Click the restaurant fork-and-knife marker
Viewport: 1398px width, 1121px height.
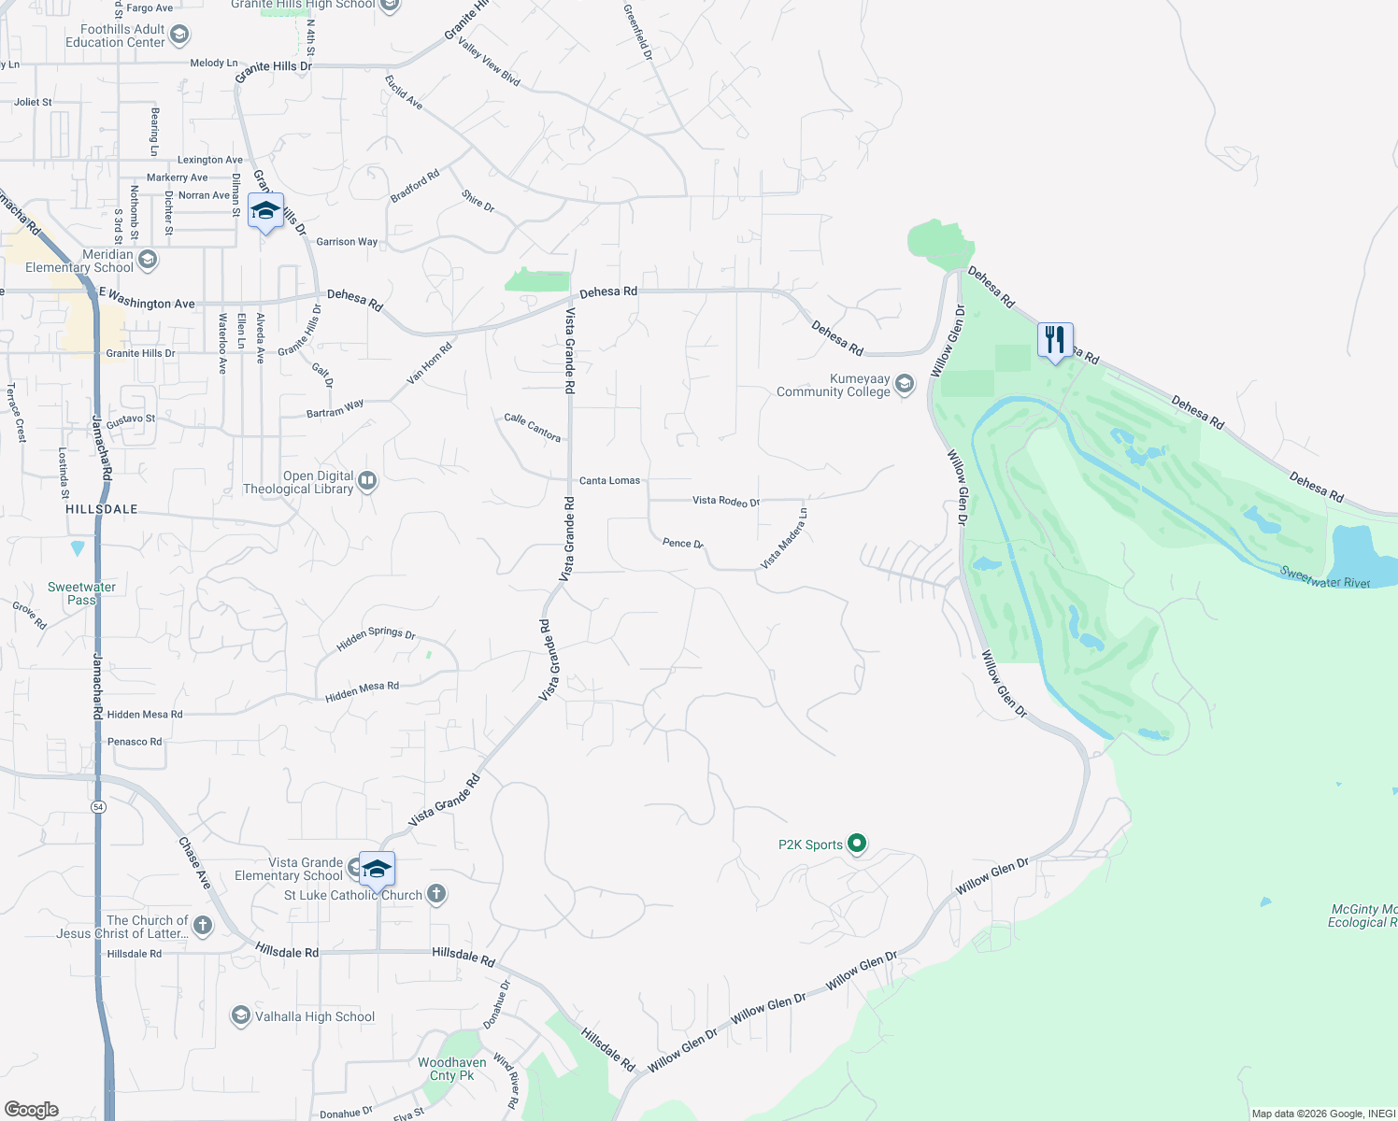1055,340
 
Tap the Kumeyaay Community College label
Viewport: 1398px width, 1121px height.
833,386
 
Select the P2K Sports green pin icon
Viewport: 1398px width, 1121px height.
856,844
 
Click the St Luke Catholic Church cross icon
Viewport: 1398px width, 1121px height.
435,894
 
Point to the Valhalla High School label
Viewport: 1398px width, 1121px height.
315,1016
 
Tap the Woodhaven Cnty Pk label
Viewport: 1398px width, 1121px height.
451,1069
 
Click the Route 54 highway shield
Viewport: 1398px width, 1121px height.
98,806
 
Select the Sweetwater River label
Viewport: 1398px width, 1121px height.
1324,578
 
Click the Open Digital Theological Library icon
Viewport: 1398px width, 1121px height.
367,481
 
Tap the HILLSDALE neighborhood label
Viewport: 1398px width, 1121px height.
102,509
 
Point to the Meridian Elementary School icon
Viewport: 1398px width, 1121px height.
147,259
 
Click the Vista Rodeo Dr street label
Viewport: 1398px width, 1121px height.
726,501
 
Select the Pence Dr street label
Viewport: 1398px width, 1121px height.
682,543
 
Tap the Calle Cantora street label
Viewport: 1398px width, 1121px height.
533,428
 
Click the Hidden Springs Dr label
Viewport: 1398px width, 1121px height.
376,638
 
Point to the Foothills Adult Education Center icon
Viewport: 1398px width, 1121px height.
179,35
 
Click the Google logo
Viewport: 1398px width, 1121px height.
32,1109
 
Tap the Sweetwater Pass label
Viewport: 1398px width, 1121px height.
82,593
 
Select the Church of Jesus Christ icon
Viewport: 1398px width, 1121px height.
202,925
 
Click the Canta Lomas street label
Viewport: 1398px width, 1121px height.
609,480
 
